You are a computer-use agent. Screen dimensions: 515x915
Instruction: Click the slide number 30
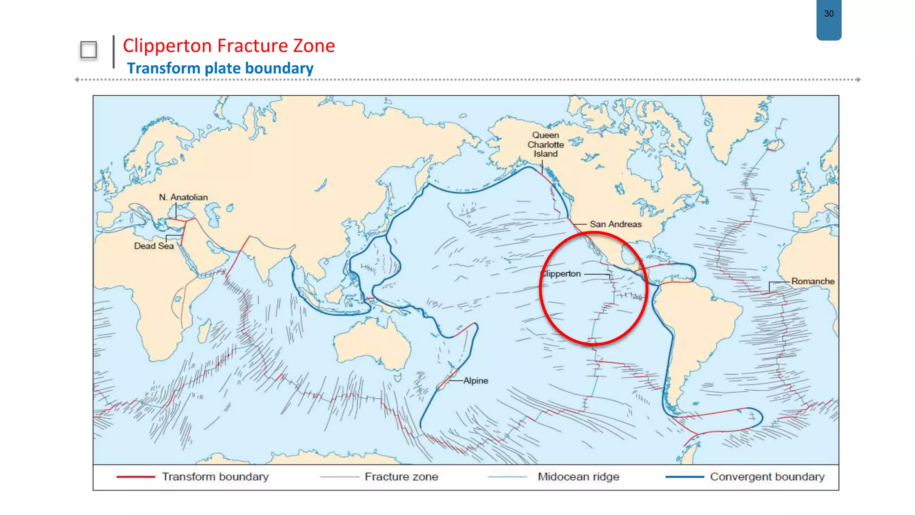pyautogui.click(x=829, y=14)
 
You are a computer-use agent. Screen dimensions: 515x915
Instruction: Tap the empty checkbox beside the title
pyautogui.click(x=88, y=50)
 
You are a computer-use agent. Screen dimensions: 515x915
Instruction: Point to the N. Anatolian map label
pyautogui.click(x=183, y=197)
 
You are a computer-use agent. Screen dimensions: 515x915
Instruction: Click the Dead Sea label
pyautogui.click(x=154, y=246)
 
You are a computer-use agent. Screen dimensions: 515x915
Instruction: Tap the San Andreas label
pyautogui.click(x=615, y=224)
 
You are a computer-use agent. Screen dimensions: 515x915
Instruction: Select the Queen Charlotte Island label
pyautogui.click(x=546, y=144)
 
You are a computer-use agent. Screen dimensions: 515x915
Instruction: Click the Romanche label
pyautogui.click(x=812, y=281)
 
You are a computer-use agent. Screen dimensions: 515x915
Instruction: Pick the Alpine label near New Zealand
pyautogui.click(x=475, y=380)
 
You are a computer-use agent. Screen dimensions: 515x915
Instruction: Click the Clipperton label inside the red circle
pyautogui.click(x=561, y=274)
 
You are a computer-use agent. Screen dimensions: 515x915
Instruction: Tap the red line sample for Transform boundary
pyautogui.click(x=136, y=477)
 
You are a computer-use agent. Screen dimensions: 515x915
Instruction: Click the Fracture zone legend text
pyautogui.click(x=401, y=477)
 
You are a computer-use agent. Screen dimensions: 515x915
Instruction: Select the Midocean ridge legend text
pyautogui.click(x=578, y=477)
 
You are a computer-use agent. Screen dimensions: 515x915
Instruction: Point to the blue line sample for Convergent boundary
pyautogui.click(x=684, y=477)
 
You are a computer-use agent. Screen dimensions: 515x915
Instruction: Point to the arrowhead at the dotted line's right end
pyautogui.click(x=858, y=80)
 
